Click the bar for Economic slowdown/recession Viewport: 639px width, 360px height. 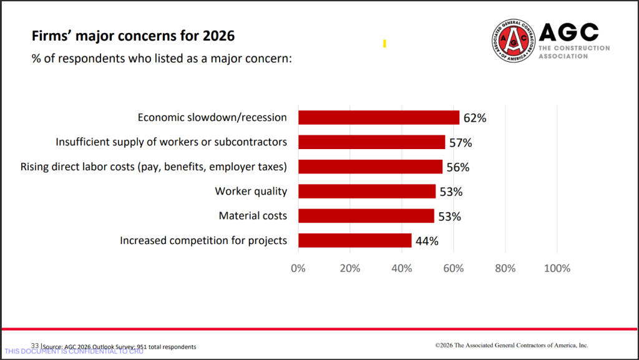point(379,117)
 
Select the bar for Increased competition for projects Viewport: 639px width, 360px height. point(354,240)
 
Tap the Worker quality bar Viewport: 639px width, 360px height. point(367,192)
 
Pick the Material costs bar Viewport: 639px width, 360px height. point(366,216)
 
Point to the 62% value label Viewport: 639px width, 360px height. point(474,118)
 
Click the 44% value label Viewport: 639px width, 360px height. point(427,241)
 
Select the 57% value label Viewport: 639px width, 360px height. point(461,142)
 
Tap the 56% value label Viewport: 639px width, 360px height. point(457,167)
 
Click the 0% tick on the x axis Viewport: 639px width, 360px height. point(298,268)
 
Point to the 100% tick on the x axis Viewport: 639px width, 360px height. point(557,268)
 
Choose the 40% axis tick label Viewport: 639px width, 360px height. point(402,268)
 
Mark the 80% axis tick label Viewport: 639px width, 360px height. point(505,268)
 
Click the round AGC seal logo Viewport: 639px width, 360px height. point(514,41)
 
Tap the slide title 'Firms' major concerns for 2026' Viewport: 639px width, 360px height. point(133,36)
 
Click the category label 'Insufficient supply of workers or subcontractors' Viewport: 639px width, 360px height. point(172,142)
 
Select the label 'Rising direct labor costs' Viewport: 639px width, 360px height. point(154,167)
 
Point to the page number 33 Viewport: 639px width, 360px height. point(35,346)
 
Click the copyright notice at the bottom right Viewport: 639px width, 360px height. point(512,345)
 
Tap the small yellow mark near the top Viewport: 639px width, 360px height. point(384,44)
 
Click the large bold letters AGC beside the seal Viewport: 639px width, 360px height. point(568,32)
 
